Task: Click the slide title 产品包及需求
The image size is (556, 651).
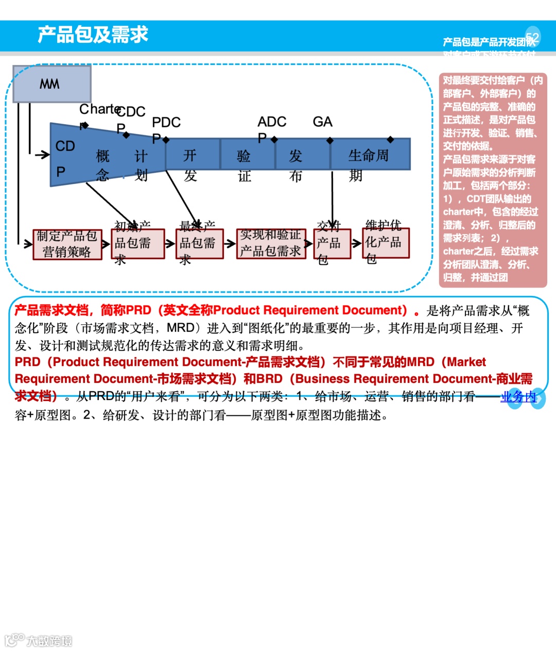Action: tap(93, 35)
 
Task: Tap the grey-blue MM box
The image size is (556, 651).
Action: tap(51, 84)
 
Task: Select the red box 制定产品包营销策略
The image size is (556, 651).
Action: tap(67, 244)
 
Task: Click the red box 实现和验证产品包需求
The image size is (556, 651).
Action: tap(271, 243)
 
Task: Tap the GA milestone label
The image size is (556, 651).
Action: tap(323, 122)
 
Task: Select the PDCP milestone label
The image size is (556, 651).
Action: tap(166, 123)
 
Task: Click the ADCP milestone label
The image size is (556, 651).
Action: tap(271, 122)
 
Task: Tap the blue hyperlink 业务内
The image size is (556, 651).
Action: tap(518, 396)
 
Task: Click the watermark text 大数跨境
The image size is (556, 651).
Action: tap(49, 641)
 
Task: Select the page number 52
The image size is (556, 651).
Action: tap(532, 37)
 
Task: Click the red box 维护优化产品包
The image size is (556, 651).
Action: tap(386, 243)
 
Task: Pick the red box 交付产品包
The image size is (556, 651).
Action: tap(328, 243)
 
